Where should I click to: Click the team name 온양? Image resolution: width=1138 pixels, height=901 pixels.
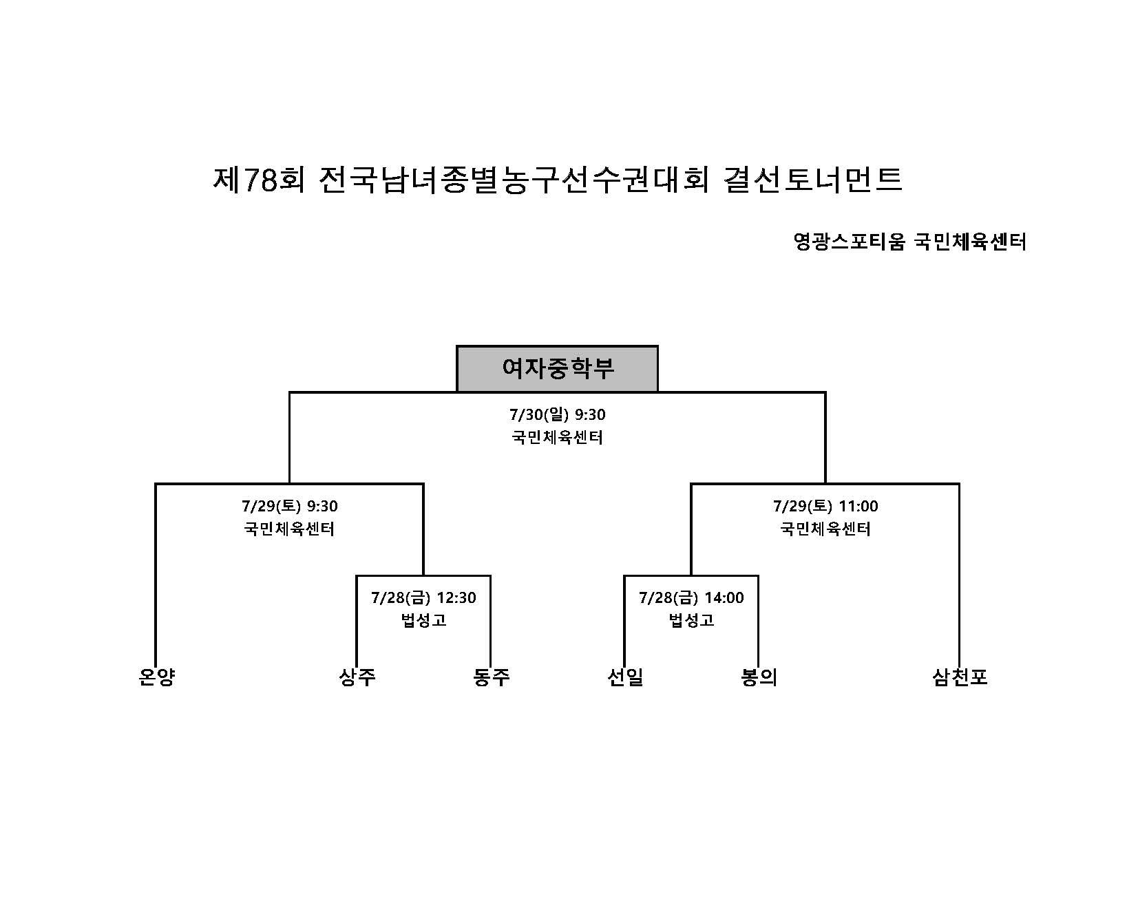(157, 677)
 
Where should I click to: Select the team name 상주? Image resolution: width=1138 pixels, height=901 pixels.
(357, 677)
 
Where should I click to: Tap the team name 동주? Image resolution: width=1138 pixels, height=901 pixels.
(492, 677)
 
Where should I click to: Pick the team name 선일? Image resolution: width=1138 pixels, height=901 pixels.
(625, 677)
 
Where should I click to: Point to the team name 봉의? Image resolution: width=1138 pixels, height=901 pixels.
(759, 677)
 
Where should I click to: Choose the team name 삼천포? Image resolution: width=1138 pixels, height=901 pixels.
(960, 677)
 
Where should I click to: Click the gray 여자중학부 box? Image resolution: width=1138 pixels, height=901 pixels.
(557, 369)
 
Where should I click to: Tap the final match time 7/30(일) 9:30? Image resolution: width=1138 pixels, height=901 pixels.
(558, 414)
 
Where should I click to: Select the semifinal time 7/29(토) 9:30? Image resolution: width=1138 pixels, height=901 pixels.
(290, 506)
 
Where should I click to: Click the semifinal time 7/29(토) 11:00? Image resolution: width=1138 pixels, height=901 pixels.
(825, 506)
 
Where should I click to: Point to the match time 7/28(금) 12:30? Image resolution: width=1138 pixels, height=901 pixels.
(423, 597)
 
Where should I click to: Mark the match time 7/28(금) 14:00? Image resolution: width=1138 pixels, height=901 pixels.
(691, 597)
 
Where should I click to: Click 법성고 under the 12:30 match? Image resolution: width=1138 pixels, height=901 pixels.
(423, 620)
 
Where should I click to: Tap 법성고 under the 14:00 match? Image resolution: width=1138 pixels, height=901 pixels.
(691, 620)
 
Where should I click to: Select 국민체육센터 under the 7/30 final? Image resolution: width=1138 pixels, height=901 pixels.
(558, 437)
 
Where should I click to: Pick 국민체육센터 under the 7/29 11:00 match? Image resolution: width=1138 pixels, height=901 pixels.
(825, 529)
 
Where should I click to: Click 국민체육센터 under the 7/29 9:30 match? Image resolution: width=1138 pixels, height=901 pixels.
(290, 529)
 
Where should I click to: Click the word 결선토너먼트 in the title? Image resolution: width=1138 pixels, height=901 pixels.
(813, 180)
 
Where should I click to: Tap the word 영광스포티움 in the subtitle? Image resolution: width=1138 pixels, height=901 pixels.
(849, 242)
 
